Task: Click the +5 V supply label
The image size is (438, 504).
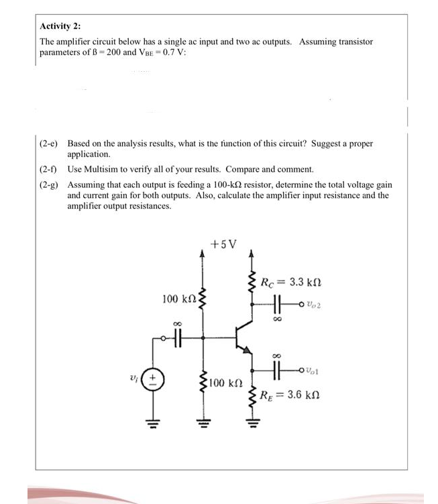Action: tap(223, 244)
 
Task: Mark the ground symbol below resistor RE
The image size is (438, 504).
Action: tap(252, 424)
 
